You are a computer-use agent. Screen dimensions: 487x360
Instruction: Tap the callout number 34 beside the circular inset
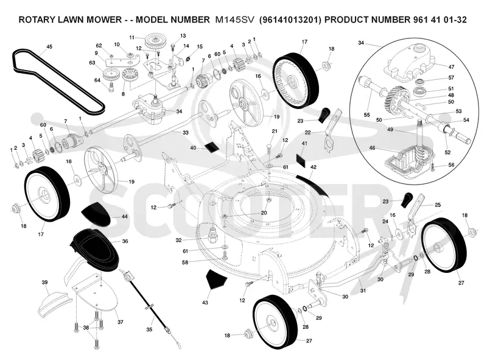tap(361, 43)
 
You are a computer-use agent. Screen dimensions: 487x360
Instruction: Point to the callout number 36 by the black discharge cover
tap(125, 241)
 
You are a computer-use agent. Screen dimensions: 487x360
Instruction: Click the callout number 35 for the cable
tap(149, 329)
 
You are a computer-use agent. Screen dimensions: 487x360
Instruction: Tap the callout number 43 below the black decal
tap(205, 302)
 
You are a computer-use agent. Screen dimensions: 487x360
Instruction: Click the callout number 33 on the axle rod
tap(186, 132)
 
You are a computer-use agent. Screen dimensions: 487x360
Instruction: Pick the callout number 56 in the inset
tap(451, 164)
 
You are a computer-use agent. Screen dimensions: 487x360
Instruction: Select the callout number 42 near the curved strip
tap(314, 167)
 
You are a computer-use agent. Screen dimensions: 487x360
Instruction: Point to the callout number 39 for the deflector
tap(44, 282)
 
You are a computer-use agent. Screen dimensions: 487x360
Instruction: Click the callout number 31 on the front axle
tap(363, 291)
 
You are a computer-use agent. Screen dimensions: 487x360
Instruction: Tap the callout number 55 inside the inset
tap(367, 115)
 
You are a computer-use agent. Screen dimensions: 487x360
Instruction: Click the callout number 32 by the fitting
tap(178, 240)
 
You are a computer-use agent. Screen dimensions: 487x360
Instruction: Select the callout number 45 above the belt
tap(49, 47)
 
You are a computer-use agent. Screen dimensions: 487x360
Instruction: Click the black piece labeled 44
tap(96, 213)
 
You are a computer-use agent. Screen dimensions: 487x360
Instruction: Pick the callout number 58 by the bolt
tap(185, 263)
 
